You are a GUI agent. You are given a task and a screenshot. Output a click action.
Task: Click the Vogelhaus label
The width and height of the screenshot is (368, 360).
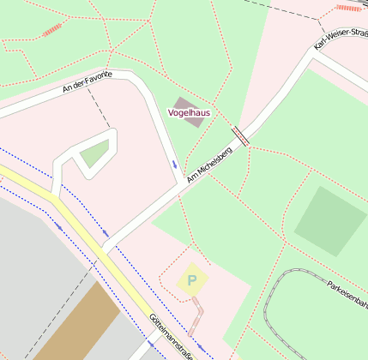pyautogui.click(x=189, y=112)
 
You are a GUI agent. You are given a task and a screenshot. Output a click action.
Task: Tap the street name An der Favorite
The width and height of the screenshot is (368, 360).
pyautogui.click(x=87, y=82)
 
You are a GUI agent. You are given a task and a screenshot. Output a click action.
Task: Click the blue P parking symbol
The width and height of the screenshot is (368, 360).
pyautogui.click(x=192, y=279)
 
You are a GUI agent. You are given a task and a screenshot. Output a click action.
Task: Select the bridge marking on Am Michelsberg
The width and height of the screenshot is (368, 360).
pyautogui.click(x=240, y=136)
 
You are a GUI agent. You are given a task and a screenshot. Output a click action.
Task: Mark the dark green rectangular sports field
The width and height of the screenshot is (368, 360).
pyautogui.click(x=330, y=221)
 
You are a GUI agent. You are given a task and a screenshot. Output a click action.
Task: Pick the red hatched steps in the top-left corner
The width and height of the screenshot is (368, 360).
pyautogui.click(x=51, y=30)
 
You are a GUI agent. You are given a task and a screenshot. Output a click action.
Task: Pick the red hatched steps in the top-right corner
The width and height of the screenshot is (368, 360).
pyautogui.click(x=348, y=8)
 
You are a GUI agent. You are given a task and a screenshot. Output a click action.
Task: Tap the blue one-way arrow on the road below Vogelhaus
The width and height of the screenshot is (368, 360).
pyautogui.click(x=175, y=163)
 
